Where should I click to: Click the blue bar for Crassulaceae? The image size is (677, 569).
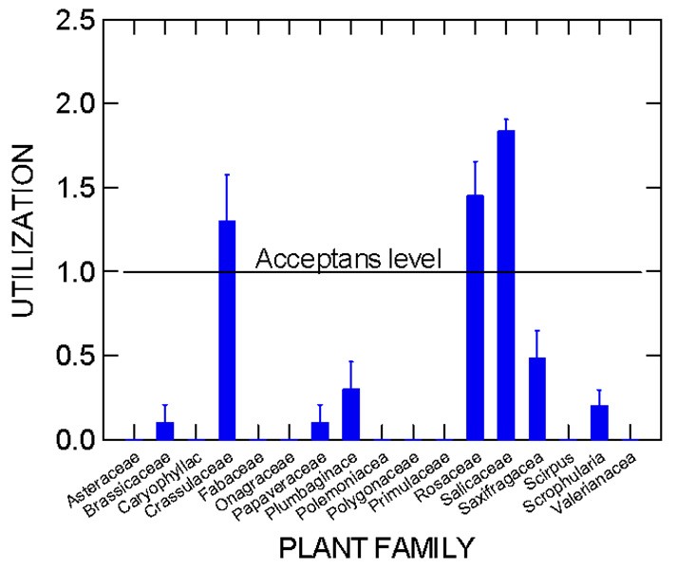coord(227,330)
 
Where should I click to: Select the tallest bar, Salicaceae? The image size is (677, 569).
coord(506,284)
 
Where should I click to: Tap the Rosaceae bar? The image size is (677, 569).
coord(475,317)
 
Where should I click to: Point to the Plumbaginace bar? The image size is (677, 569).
coord(351,413)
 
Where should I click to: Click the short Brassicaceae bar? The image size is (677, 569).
coord(165,431)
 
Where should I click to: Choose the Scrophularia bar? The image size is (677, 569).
coord(598,422)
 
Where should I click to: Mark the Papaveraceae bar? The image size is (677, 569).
coord(320,431)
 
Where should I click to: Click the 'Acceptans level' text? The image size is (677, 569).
coord(349,258)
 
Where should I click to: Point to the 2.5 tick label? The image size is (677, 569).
coord(71,20)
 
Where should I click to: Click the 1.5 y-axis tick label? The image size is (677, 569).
coord(71,188)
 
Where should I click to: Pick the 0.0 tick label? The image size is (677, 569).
coord(71,440)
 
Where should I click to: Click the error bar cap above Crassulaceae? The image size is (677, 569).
coord(227,174)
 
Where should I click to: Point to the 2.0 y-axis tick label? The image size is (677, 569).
coord(71,103)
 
